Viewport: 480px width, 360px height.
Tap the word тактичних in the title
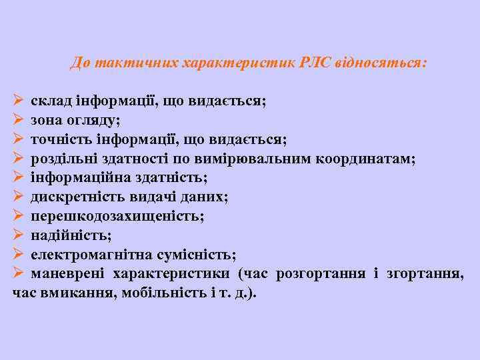(x=131, y=63)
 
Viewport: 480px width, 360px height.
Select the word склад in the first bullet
(x=50, y=101)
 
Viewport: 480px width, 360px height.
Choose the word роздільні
(x=63, y=159)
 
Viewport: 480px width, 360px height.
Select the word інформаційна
(x=73, y=178)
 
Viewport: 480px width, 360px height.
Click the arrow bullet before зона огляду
(x=18, y=121)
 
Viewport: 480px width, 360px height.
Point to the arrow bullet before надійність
(x=18, y=235)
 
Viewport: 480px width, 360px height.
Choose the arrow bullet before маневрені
(x=18, y=274)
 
